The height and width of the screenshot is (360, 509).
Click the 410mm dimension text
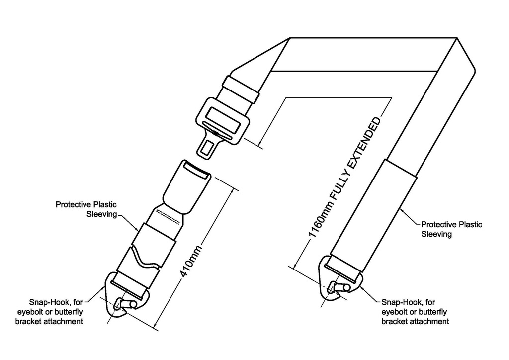(x=191, y=262)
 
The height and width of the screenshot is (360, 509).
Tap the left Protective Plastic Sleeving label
(x=86, y=209)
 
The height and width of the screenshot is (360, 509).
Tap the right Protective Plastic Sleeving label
(x=451, y=229)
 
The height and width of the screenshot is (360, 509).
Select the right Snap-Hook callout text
(x=415, y=312)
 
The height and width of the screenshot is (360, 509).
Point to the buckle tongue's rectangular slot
(x=206, y=148)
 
